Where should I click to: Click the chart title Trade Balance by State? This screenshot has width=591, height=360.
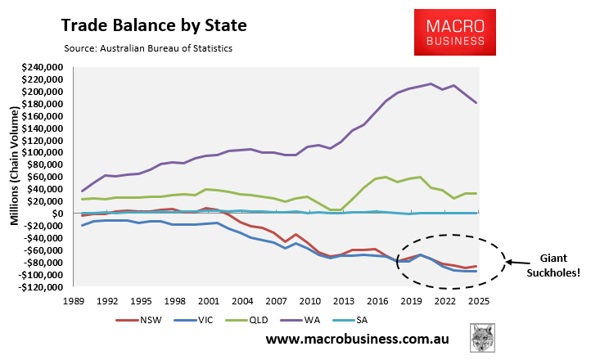(152, 25)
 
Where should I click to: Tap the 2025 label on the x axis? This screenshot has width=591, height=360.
(479, 299)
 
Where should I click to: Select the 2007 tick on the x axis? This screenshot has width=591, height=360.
(277, 299)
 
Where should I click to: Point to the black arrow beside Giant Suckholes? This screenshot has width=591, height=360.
(519, 263)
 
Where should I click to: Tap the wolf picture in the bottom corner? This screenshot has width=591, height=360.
(484, 338)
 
